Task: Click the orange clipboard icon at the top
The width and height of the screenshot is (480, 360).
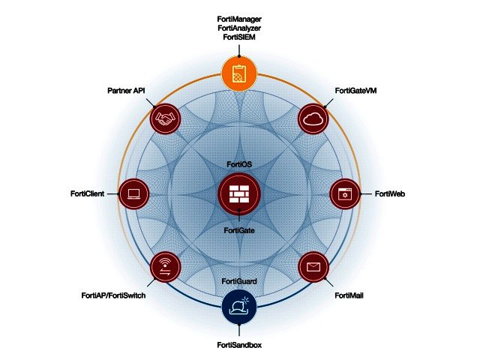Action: click(x=239, y=73)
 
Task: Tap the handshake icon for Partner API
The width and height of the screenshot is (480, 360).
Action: click(x=166, y=118)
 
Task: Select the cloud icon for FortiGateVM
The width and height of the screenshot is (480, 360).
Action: click(x=313, y=118)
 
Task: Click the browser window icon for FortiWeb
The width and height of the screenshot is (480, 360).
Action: click(x=345, y=193)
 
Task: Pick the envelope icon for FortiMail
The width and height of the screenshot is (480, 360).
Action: click(x=313, y=266)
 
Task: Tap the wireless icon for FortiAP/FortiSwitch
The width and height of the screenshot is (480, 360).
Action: click(x=166, y=266)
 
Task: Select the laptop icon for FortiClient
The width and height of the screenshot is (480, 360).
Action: click(x=135, y=193)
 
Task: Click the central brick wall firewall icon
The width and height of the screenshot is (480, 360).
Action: click(x=239, y=193)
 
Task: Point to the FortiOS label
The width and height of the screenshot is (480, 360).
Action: click(x=239, y=163)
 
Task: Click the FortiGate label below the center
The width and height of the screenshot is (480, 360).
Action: click(x=239, y=230)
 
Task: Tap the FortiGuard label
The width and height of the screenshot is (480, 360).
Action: click(x=240, y=280)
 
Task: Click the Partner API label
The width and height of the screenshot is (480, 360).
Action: click(x=126, y=91)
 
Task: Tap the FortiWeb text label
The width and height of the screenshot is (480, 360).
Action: click(x=391, y=193)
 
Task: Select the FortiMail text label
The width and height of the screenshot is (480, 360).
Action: click(x=349, y=295)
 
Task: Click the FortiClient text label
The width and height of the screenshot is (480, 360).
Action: click(x=88, y=193)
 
